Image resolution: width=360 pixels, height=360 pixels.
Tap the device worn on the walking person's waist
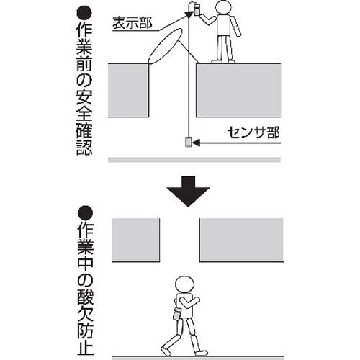(x=175, y=315)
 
